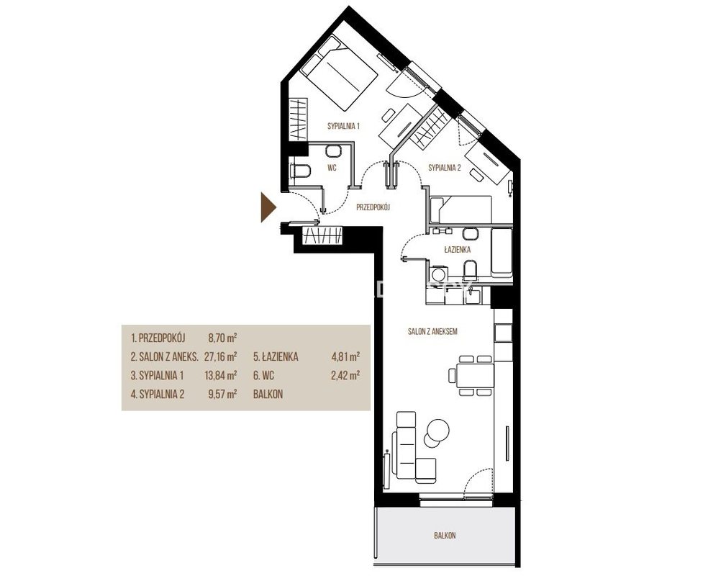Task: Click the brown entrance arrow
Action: (x=268, y=207)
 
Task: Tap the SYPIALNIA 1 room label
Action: (x=344, y=127)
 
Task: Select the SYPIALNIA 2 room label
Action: (x=445, y=168)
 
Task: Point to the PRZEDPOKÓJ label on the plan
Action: (x=373, y=207)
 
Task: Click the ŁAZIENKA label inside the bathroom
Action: (x=458, y=249)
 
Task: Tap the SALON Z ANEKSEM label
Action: (x=432, y=332)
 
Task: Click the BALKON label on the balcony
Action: (x=445, y=536)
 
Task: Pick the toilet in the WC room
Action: (x=300, y=171)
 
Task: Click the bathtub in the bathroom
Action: (x=501, y=253)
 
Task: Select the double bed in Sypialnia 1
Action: (x=339, y=73)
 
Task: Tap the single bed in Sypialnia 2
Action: (x=460, y=210)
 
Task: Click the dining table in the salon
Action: (x=475, y=375)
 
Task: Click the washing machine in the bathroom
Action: (x=438, y=274)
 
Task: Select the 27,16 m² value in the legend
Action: (x=221, y=357)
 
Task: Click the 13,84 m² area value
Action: (x=221, y=375)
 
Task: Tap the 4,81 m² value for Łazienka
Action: (x=345, y=357)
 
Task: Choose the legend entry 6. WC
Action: (x=263, y=375)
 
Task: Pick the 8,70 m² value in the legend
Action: (x=222, y=338)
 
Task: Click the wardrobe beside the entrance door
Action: (x=322, y=235)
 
